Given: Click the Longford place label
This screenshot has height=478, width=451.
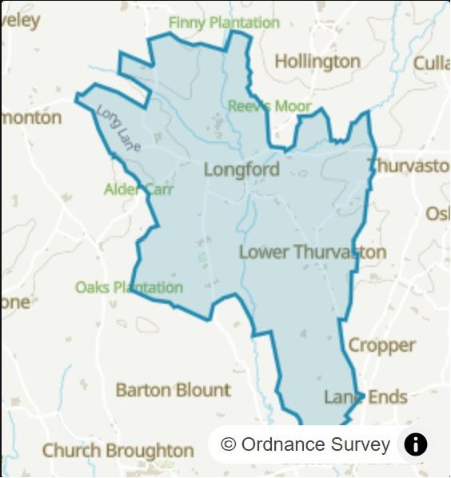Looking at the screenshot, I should (x=241, y=169).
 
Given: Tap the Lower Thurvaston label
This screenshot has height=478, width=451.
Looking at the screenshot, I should (x=313, y=253).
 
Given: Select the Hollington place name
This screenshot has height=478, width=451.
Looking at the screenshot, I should (x=317, y=62).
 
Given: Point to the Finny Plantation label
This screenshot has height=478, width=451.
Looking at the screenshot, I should (x=223, y=22).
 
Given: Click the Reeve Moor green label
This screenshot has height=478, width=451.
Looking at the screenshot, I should (x=269, y=106).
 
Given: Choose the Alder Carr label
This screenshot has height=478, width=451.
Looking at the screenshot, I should (x=138, y=189).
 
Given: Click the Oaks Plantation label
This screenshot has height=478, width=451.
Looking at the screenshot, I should (x=129, y=287).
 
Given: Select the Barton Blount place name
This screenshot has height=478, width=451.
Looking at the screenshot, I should (x=173, y=390).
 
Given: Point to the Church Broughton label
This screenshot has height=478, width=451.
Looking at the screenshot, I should (x=118, y=450).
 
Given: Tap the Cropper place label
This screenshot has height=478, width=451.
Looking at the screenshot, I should (x=381, y=345).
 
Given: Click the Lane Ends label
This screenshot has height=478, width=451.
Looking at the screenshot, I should (x=365, y=396).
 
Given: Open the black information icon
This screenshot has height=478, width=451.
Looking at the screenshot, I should (x=416, y=444).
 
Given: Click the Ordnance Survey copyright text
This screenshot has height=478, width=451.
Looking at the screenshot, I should (x=315, y=444).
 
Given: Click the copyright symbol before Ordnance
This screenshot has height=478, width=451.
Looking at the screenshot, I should (x=229, y=444).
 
